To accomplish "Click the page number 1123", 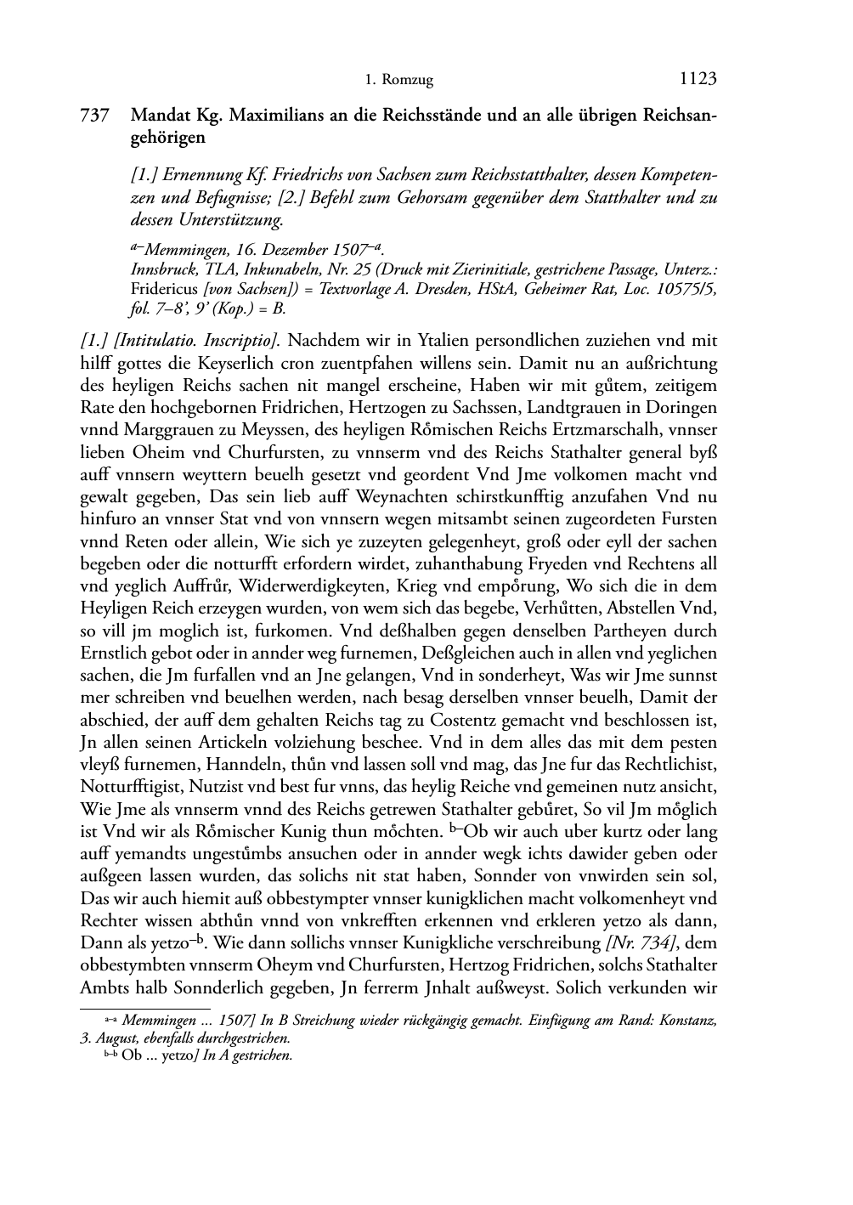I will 698,79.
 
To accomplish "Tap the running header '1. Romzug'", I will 399,81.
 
